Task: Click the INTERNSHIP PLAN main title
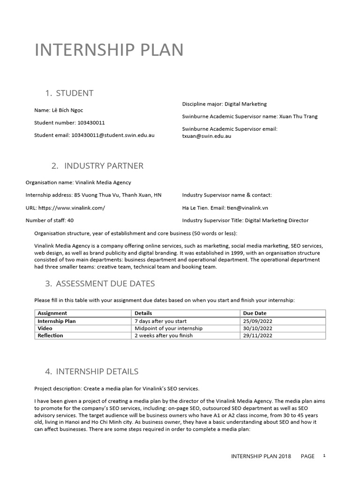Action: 109,50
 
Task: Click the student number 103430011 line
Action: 69,123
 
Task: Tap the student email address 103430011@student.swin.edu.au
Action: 112,135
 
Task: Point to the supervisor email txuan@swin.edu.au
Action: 206,136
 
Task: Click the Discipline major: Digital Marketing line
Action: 224,104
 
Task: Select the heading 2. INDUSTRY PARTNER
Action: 97,166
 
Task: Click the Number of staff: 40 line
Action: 49,220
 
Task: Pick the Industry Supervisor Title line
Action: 245,220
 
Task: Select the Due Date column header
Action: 255,313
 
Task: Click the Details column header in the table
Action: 143,313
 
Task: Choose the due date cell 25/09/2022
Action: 257,321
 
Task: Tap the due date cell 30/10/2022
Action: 257,328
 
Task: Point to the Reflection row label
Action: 50,336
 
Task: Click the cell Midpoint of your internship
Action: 168,328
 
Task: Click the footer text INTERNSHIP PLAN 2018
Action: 261,456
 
